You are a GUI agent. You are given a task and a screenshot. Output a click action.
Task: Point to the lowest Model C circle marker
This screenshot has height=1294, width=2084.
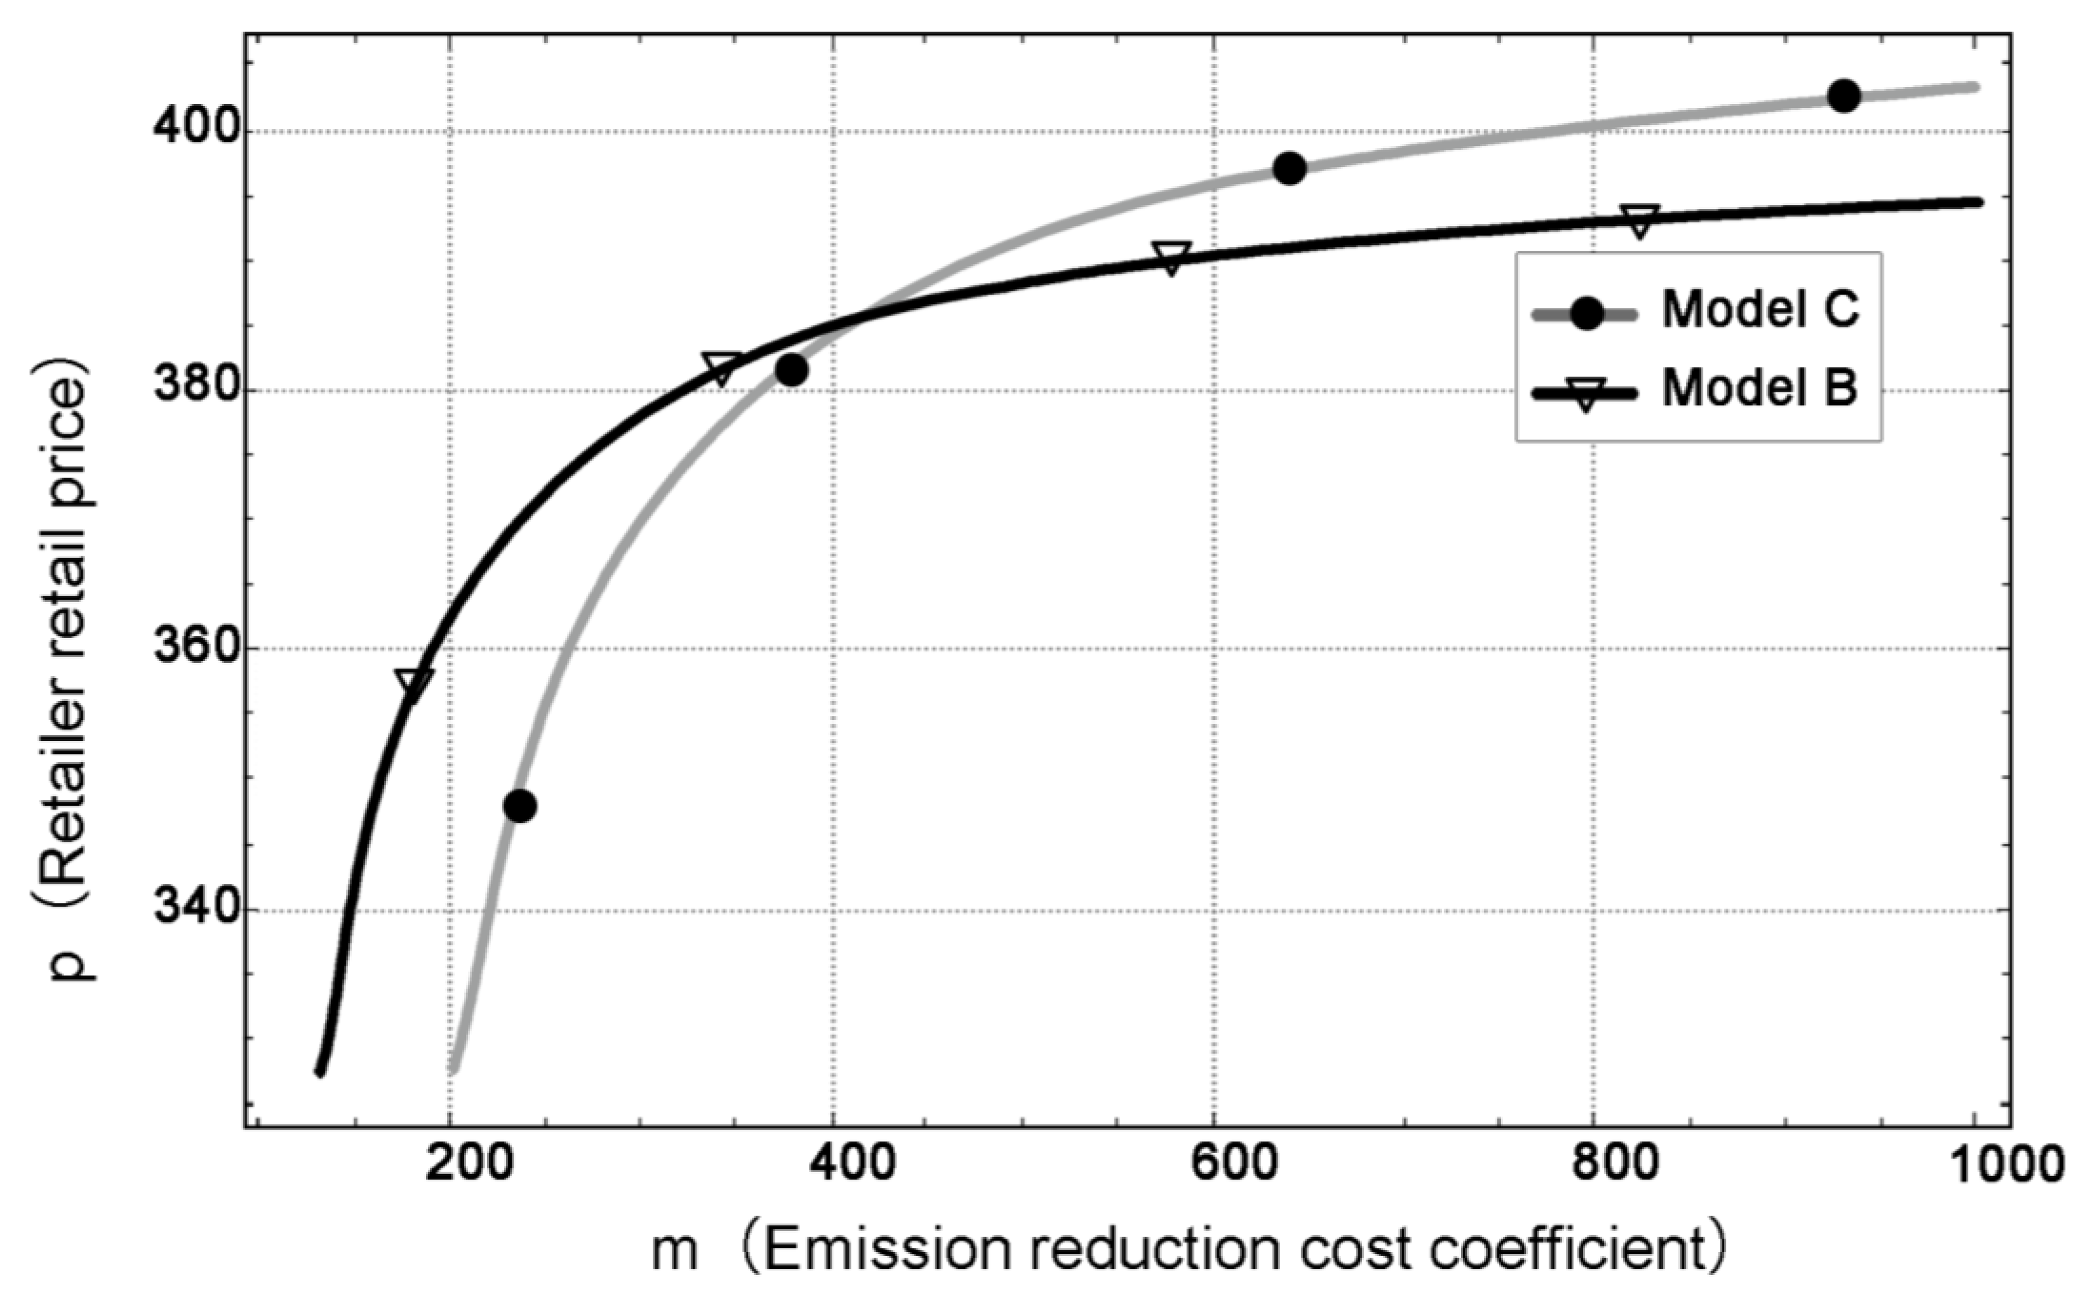[519, 805]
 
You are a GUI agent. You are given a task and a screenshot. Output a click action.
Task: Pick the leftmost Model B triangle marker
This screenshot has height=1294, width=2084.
[413, 684]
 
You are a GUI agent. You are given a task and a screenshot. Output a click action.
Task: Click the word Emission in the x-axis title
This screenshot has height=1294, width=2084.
[888, 1250]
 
